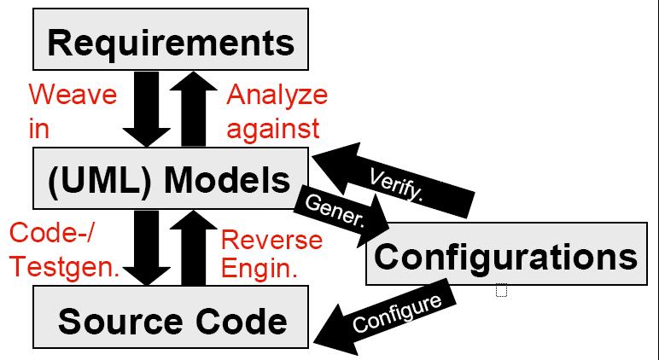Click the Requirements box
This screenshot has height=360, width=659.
[171, 40]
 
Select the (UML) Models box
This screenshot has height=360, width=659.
[171, 180]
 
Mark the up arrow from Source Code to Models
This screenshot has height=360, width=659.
[195, 247]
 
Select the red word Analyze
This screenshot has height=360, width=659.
[277, 95]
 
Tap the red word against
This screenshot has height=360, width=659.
[273, 128]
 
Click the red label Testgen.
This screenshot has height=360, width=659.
[64, 268]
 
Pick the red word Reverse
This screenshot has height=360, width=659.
[271, 240]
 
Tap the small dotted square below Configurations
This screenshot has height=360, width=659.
[501, 292]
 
